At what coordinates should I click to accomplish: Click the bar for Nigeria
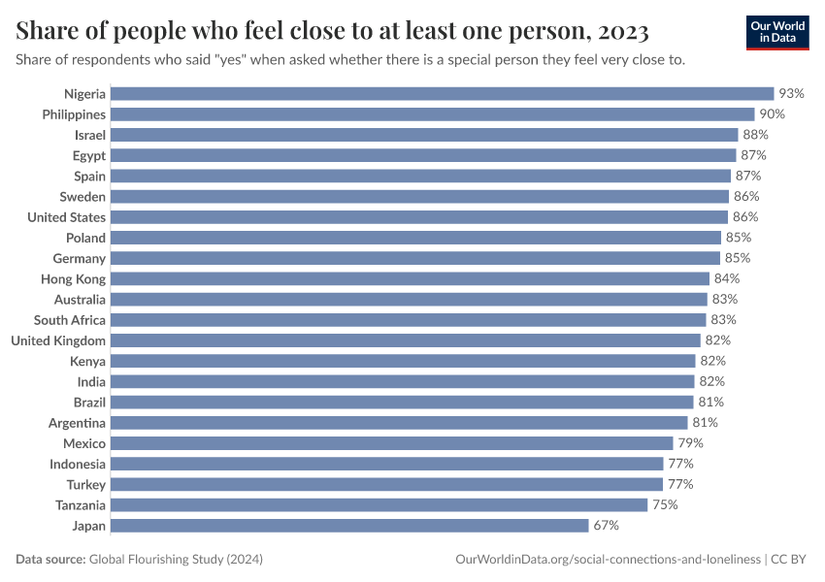click(442, 94)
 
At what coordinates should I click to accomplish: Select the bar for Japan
click(349, 526)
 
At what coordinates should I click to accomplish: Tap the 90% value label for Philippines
click(773, 114)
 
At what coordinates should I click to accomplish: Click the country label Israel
click(90, 135)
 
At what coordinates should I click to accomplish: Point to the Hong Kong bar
click(411, 279)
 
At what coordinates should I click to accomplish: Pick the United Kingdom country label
click(58, 340)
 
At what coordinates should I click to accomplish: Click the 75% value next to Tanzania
click(665, 505)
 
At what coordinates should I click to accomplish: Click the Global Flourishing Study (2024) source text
click(176, 560)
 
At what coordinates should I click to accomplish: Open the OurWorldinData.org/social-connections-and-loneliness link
click(608, 560)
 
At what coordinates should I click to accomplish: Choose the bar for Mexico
click(392, 443)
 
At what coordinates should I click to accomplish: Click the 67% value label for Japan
click(606, 526)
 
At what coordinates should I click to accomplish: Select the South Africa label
click(70, 320)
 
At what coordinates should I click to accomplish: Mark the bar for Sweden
click(419, 197)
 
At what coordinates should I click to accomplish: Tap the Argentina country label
click(78, 423)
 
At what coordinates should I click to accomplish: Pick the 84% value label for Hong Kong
click(725, 279)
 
